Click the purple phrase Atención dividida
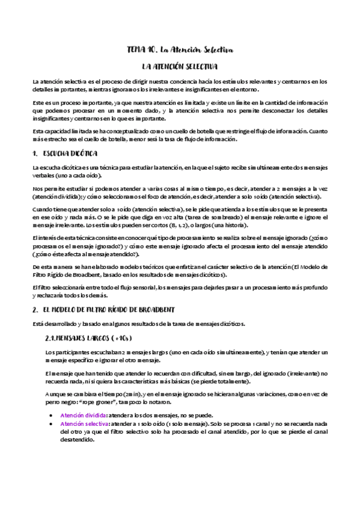(83, 415)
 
